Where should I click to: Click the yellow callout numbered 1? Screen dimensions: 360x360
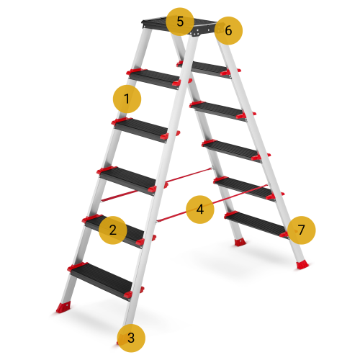point(127,99)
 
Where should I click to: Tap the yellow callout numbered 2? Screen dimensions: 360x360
point(113,230)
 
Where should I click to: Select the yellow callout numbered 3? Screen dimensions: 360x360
point(131,338)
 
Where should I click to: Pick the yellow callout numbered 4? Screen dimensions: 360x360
point(200,210)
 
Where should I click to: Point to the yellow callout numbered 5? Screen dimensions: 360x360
point(180,22)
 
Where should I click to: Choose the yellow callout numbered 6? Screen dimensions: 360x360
point(228,30)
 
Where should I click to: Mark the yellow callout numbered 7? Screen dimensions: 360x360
point(301,230)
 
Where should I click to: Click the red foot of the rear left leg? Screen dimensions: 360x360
point(63,307)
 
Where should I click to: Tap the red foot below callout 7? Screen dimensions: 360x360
point(302,265)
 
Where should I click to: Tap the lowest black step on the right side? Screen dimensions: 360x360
point(256,225)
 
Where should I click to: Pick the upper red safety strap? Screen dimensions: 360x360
point(156,184)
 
